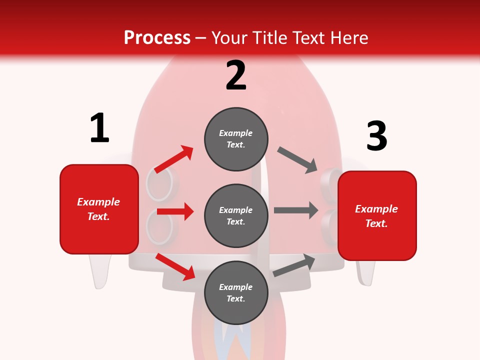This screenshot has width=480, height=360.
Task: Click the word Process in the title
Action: coord(157,37)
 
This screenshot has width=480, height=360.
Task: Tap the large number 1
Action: coord(99,128)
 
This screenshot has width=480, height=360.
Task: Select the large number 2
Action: coord(236,75)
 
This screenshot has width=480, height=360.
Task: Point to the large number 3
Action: coord(377,136)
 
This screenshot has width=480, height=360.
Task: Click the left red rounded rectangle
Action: coord(99,209)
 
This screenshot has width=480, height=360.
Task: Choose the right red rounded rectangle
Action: coord(377,216)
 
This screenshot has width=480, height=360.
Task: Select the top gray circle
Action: coord(236,139)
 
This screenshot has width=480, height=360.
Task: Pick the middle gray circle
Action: coord(236,215)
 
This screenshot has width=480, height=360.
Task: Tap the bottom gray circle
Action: coord(236,292)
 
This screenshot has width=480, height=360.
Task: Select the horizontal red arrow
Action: coord(175,211)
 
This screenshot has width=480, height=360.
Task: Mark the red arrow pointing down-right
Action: coord(175,266)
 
